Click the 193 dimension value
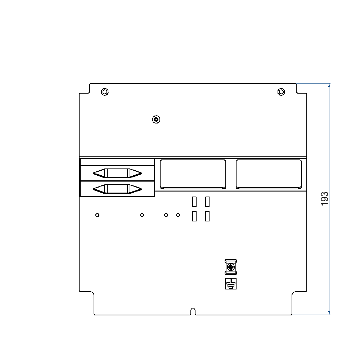(325, 199)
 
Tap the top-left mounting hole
(104, 92)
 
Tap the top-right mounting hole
(281, 92)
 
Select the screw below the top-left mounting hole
(156, 119)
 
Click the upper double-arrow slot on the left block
(117, 173)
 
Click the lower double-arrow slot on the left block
(117, 189)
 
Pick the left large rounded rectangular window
(193, 174)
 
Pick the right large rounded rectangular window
(269, 174)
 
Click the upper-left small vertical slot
(194, 202)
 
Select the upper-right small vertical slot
(207, 202)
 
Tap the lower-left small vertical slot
(194, 216)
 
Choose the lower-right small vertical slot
(207, 216)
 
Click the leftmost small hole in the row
(97, 215)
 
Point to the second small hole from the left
(142, 215)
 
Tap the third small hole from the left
(166, 215)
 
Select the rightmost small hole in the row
(178, 215)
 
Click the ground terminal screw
(230, 267)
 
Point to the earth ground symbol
(230, 284)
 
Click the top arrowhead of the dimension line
(329, 86)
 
